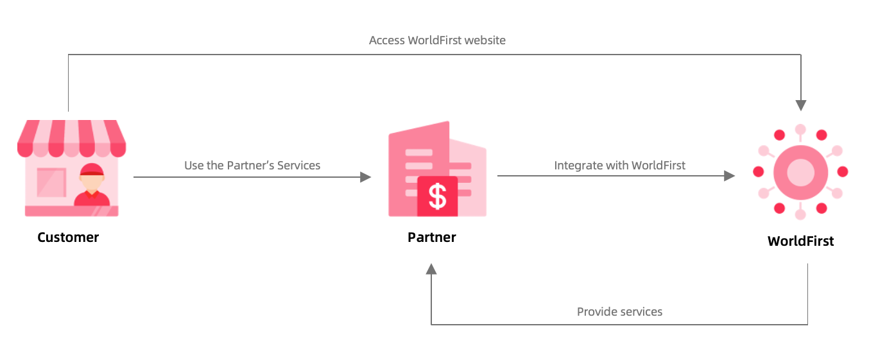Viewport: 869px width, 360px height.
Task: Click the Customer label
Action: click(68, 237)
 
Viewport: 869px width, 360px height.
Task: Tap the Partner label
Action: click(431, 237)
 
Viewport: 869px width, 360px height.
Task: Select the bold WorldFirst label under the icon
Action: click(800, 241)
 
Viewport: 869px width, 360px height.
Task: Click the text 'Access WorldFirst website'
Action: click(437, 40)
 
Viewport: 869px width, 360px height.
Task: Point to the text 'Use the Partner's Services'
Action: click(252, 166)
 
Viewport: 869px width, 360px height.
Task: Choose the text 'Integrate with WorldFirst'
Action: click(619, 166)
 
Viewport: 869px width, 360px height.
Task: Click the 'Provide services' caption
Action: click(619, 312)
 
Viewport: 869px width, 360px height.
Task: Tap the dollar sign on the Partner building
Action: click(437, 197)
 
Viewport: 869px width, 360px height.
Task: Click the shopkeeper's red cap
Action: click(92, 169)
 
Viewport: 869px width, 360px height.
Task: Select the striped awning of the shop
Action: click(71, 137)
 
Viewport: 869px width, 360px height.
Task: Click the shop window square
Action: click(51, 182)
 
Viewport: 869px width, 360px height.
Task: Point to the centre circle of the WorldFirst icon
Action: click(800, 172)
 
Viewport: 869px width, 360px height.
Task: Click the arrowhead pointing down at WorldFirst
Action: click(800, 105)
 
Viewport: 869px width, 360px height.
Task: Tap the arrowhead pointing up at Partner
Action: click(431, 268)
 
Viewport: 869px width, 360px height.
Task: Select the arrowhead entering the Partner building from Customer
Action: click(365, 176)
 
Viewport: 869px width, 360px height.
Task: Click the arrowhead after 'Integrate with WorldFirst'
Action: click(729, 176)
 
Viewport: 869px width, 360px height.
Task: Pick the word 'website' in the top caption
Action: click(485, 40)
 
